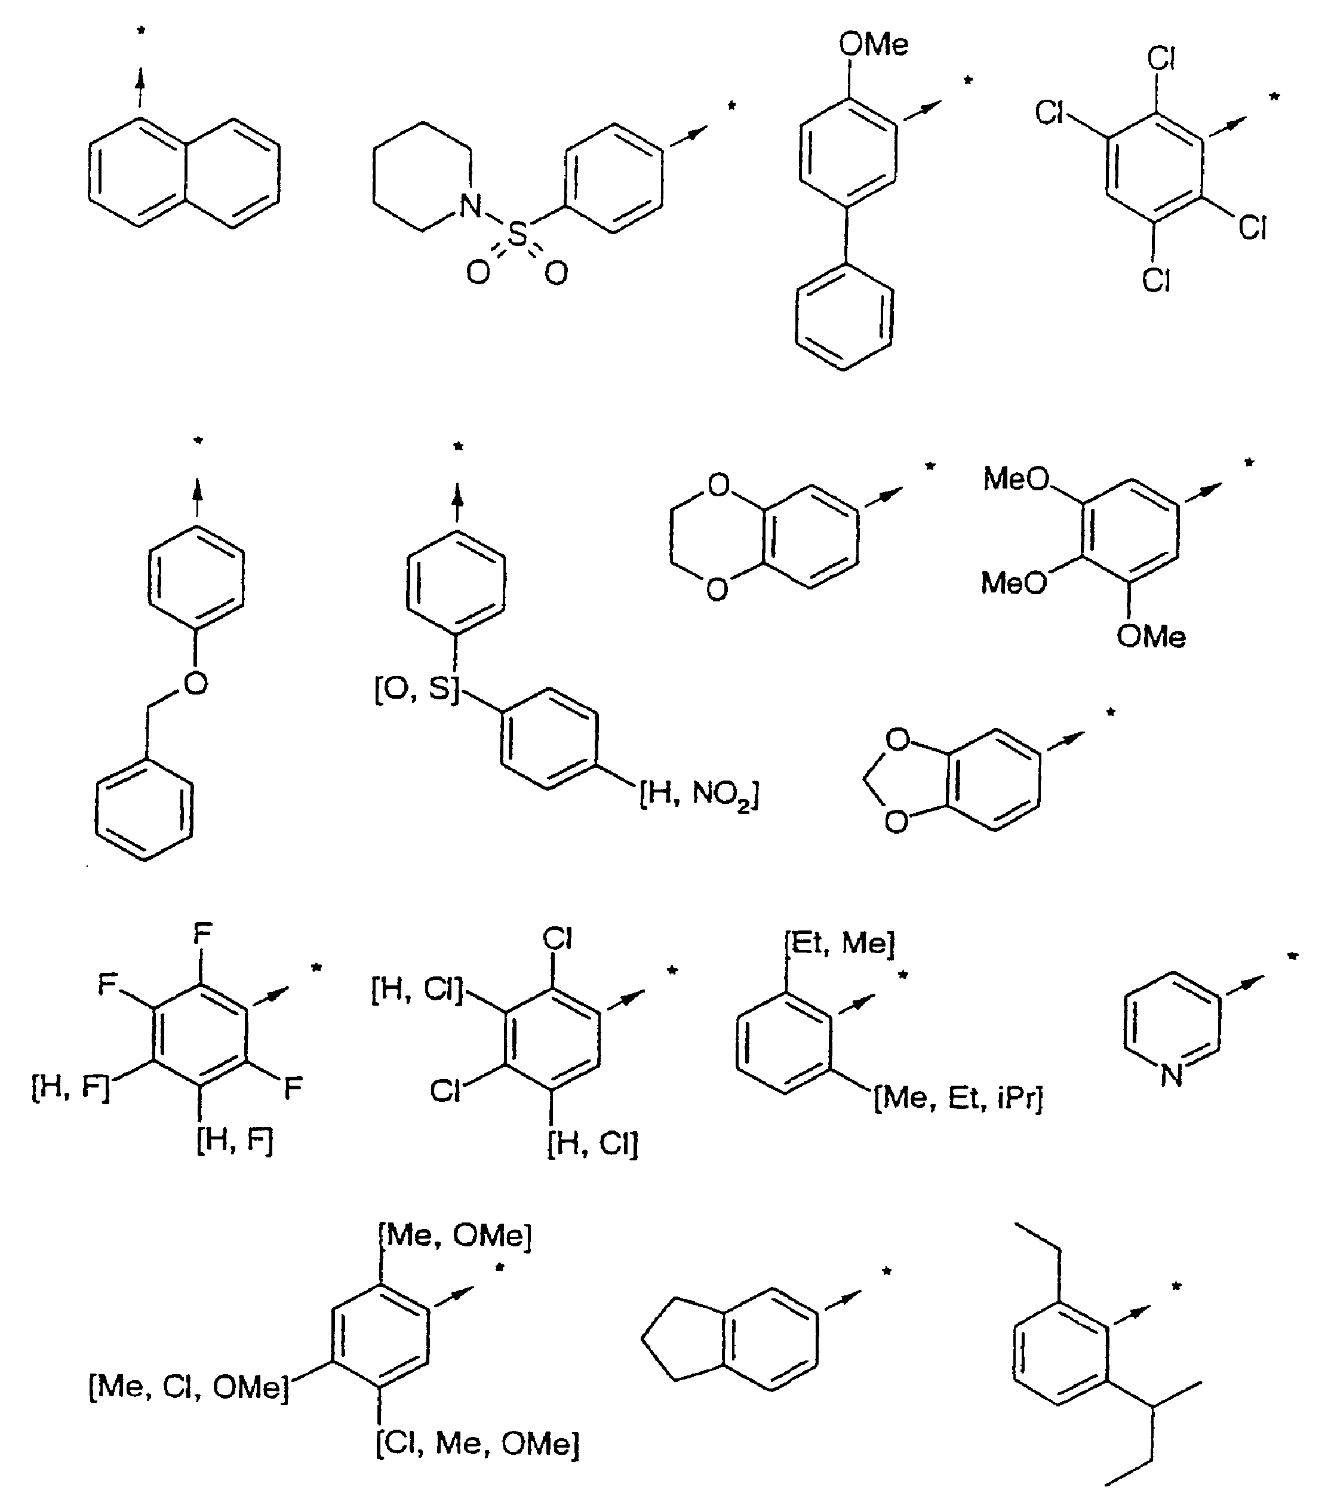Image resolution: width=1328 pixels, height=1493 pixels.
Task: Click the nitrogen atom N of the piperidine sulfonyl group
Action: [x=471, y=206]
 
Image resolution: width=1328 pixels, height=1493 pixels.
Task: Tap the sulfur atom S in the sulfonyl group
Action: [x=517, y=235]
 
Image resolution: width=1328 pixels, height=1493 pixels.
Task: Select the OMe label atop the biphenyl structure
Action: [x=874, y=45]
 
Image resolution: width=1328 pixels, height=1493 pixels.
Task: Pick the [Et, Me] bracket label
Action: [x=840, y=943]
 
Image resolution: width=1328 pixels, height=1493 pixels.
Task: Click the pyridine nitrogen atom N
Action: [x=1171, y=1074]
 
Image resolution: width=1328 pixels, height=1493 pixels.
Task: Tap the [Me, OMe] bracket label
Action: [x=456, y=1235]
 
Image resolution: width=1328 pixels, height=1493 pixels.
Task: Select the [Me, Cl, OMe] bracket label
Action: [x=189, y=1386]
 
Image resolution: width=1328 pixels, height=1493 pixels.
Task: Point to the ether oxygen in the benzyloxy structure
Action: [x=195, y=684]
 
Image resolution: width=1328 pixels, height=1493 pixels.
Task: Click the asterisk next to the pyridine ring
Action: [x=1293, y=956]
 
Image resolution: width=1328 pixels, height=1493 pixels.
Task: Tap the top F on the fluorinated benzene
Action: [x=202, y=933]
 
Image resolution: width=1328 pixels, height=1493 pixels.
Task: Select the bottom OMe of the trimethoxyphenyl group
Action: [x=1151, y=636]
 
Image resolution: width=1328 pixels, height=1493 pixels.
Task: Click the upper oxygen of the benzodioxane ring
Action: [x=719, y=485]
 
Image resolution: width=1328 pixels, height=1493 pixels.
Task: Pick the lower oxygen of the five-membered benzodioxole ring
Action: [x=896, y=822]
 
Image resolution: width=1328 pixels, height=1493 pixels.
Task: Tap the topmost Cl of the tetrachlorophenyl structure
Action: [x=1161, y=59]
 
